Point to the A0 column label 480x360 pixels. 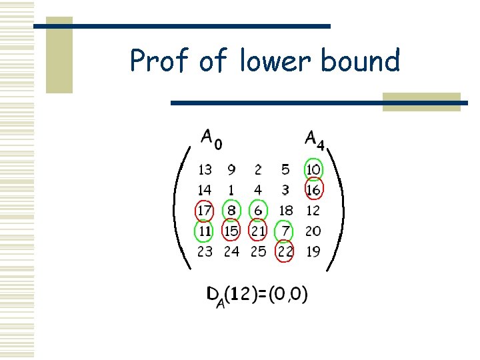[x=212, y=139]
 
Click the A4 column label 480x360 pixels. [x=314, y=139]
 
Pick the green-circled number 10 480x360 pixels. [x=313, y=170]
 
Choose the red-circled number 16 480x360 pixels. [x=313, y=191]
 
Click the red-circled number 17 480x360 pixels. [x=205, y=211]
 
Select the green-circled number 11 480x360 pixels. [x=205, y=231]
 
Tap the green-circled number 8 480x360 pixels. [x=231, y=211]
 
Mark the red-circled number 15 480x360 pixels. [x=231, y=231]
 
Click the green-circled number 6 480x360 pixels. [x=258, y=211]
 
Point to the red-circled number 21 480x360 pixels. [x=258, y=231]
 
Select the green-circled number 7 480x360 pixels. [x=285, y=231]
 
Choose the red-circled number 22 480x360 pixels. [x=285, y=252]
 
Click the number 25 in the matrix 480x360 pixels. [x=258, y=252]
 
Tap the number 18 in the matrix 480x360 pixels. [x=285, y=211]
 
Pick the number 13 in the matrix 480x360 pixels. [x=205, y=170]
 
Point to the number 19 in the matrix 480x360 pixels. [x=313, y=252]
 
